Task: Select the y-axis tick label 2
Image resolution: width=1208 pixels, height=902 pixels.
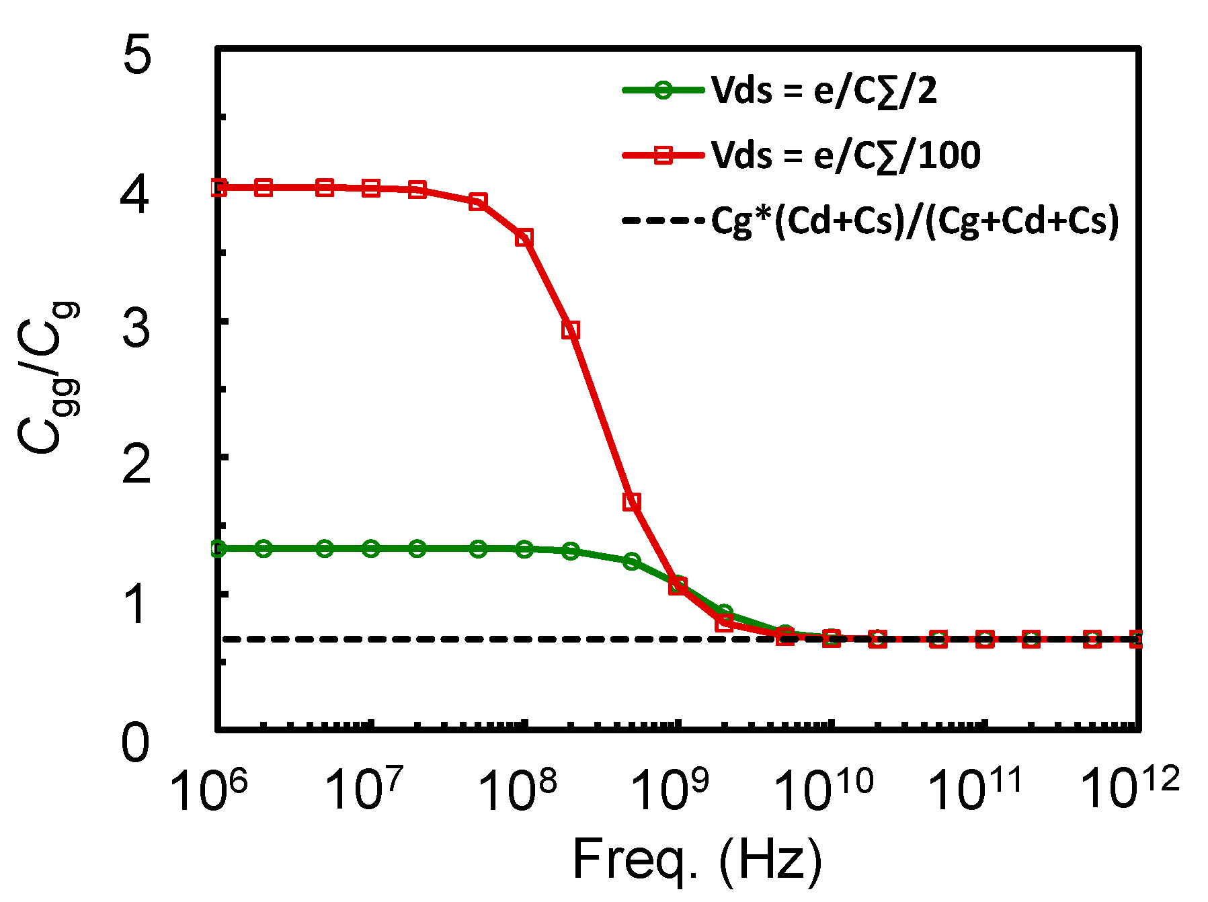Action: tap(136, 464)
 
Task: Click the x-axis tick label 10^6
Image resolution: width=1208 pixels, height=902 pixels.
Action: tap(209, 790)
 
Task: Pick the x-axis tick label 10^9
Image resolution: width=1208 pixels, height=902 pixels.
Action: tap(670, 790)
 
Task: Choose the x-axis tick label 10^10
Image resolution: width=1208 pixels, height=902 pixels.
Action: tap(823, 790)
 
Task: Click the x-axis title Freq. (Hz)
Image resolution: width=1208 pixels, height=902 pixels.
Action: tap(697, 860)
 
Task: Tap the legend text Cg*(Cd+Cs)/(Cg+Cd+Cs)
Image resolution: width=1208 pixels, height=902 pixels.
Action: tap(915, 220)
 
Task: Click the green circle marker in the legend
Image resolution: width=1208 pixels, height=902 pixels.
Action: tap(663, 90)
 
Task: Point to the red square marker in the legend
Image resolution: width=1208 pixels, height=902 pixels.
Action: tap(663, 155)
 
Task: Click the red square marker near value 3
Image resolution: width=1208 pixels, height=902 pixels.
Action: tap(571, 330)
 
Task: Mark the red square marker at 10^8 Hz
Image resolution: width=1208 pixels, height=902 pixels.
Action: tap(524, 238)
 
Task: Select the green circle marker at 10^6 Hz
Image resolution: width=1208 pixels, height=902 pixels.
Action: tap(218, 548)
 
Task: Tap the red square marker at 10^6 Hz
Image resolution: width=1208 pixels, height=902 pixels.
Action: tap(218, 188)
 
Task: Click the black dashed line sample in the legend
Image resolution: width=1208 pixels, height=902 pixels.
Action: tap(663, 220)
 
